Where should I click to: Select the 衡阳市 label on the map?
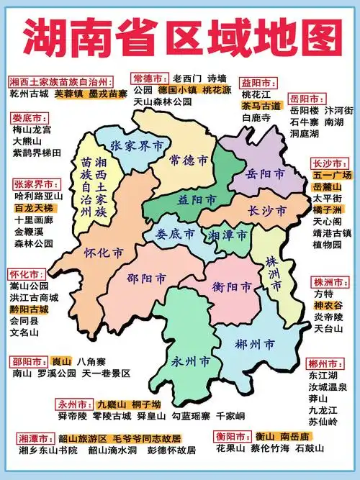click(x=232, y=287)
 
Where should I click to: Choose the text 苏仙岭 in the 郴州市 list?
click(x=322, y=421)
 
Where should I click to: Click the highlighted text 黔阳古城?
click(x=30, y=309)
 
